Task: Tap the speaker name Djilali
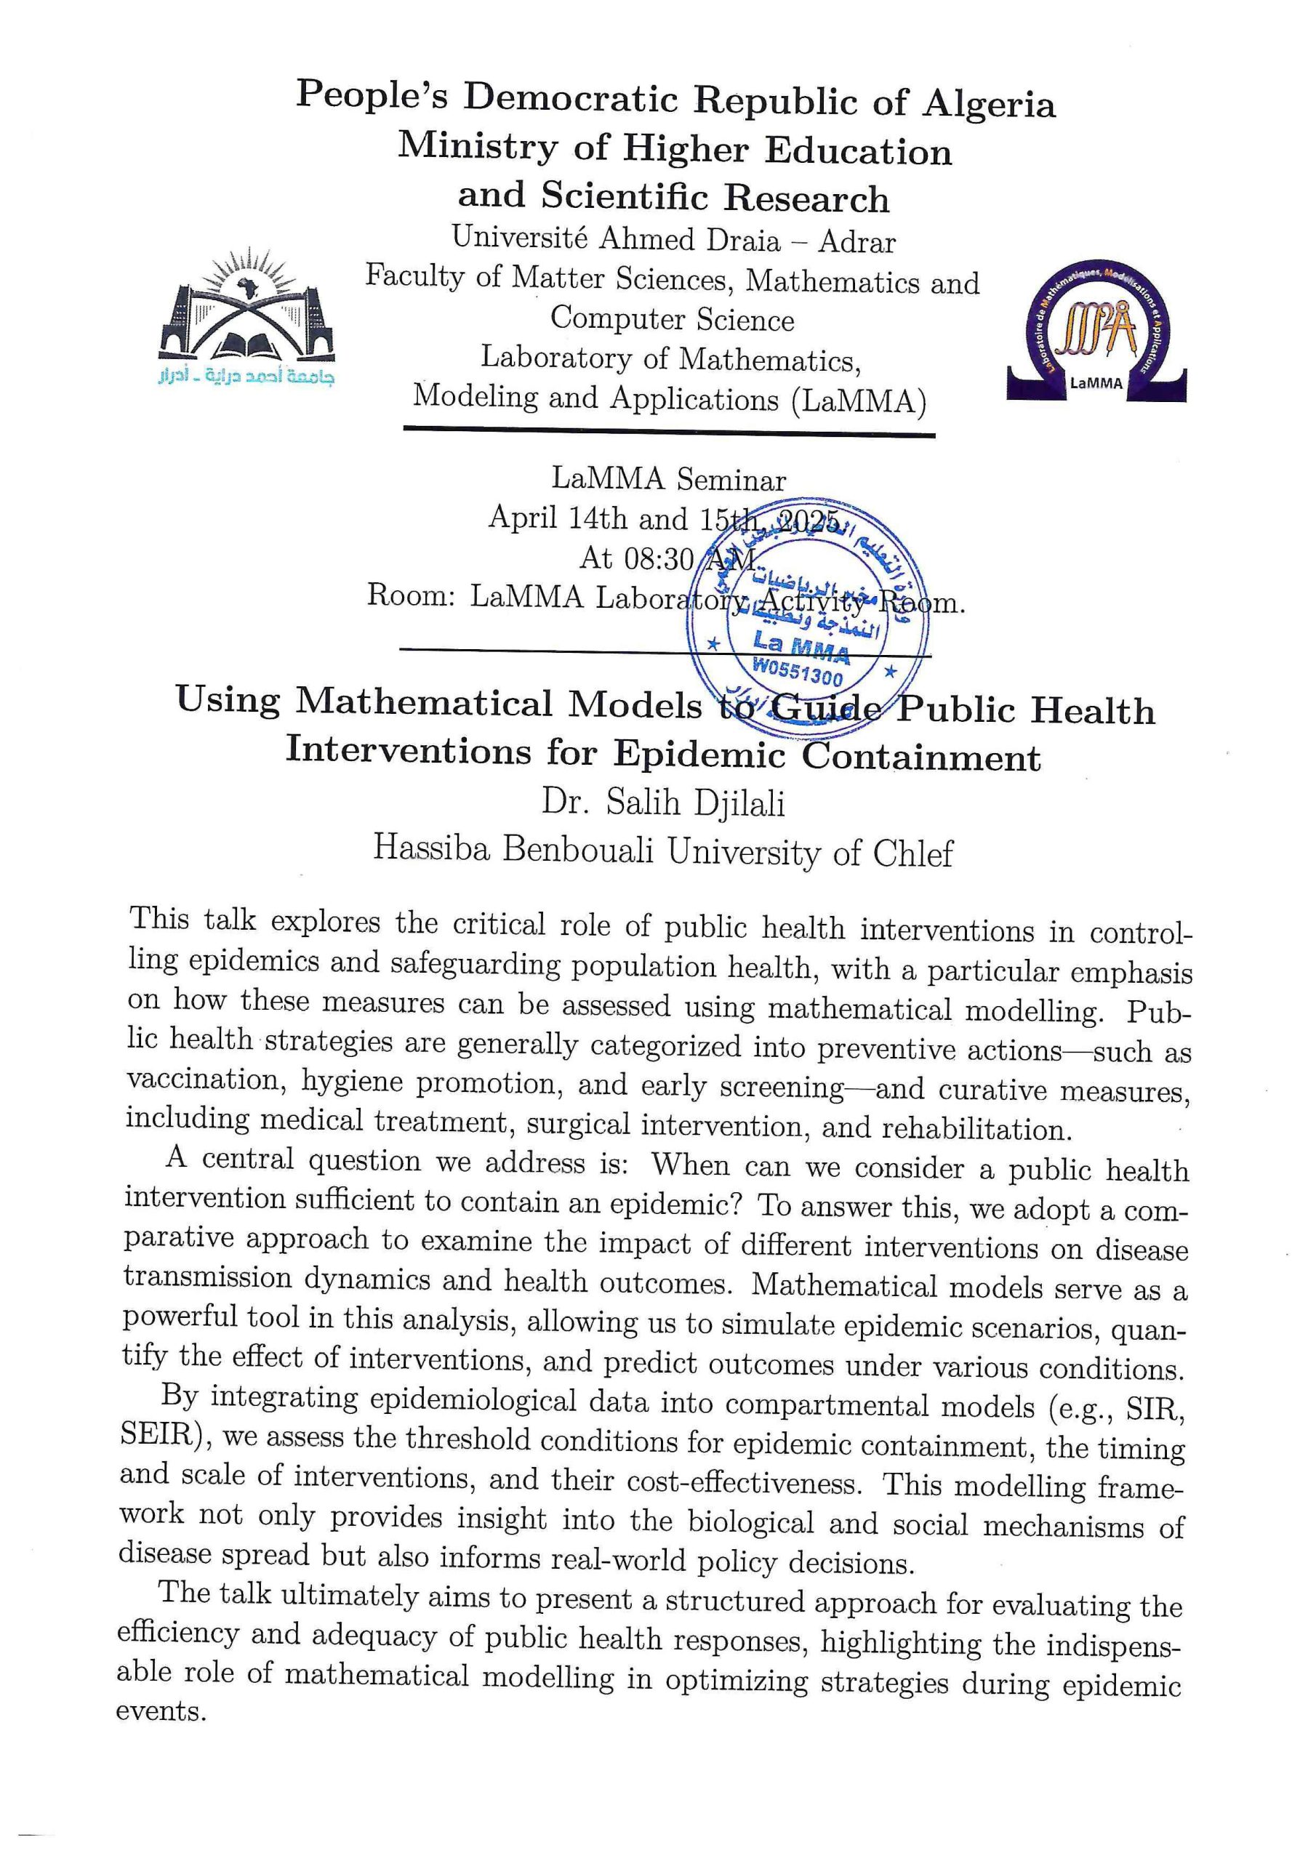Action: point(739,803)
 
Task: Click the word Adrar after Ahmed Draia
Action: point(857,241)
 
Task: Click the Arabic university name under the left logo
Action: point(246,374)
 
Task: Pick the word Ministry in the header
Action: point(478,148)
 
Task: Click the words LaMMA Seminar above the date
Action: point(668,479)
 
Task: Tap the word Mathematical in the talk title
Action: point(498,704)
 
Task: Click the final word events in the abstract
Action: point(159,1711)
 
